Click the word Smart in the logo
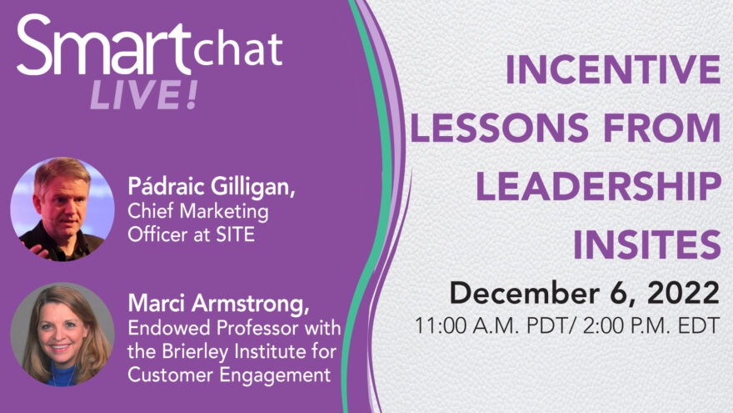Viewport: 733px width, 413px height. coord(104,45)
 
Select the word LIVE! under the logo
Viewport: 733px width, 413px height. coord(144,95)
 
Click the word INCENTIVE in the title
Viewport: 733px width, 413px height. coord(613,69)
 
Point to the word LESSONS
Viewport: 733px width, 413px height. coord(499,128)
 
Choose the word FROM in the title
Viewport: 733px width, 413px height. coord(662,128)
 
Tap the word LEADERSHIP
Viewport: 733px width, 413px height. coord(598,186)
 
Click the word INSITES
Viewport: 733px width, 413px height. coord(647,244)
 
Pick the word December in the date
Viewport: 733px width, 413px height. coord(524,293)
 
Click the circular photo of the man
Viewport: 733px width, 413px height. coord(62,209)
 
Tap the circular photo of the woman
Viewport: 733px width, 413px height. coord(62,335)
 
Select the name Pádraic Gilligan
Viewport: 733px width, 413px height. coord(212,187)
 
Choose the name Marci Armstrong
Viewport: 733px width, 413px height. coord(218,304)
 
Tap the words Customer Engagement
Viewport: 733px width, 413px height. coord(229,375)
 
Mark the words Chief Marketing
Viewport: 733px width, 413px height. coord(198,212)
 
